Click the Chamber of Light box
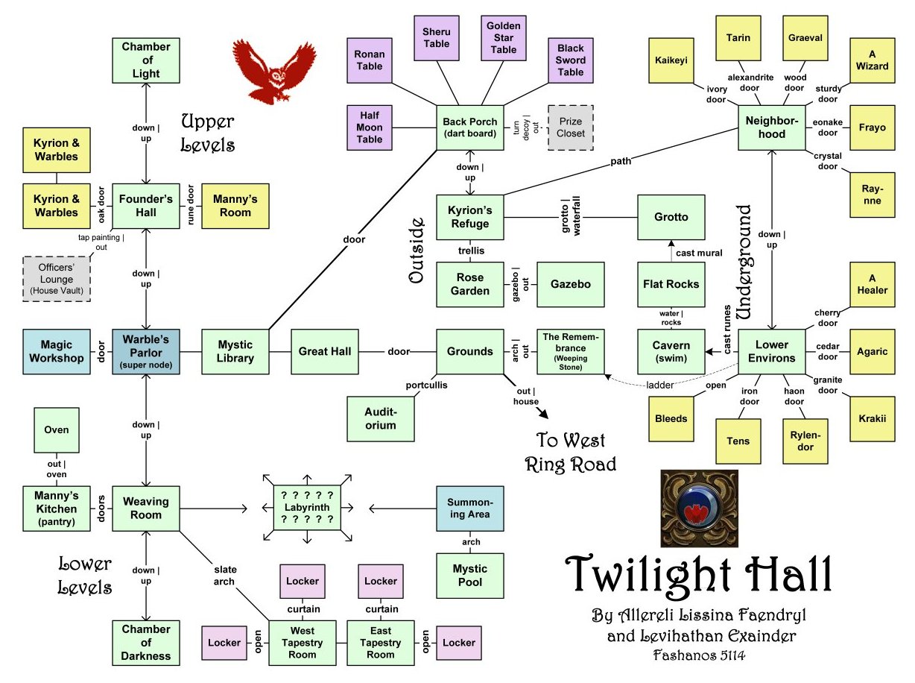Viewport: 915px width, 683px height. click(x=146, y=60)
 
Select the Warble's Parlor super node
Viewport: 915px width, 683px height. click(x=146, y=351)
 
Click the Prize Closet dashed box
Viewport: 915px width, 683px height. click(x=571, y=128)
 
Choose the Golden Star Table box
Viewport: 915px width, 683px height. click(x=503, y=37)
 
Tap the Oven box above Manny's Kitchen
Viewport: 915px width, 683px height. click(x=57, y=430)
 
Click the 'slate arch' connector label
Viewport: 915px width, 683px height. click(x=224, y=576)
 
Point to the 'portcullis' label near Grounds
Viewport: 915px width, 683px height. click(x=427, y=385)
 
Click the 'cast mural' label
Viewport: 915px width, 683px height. click(x=699, y=254)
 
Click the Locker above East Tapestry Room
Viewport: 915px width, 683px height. click(x=381, y=581)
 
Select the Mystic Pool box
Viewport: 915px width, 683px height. click(x=470, y=576)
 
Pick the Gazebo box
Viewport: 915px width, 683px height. click(x=571, y=284)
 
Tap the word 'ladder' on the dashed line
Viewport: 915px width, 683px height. click(x=660, y=385)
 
